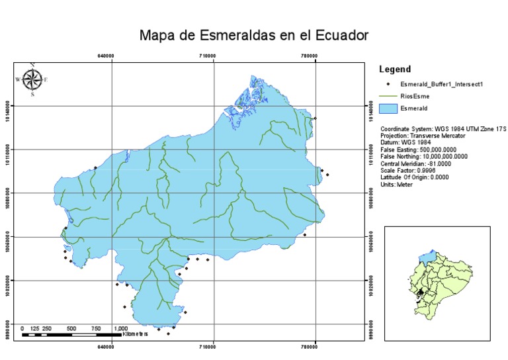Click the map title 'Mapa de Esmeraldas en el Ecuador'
[x=253, y=35]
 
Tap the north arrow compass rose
[x=32, y=79]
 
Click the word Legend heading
[x=396, y=69]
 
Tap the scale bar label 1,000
[x=120, y=329]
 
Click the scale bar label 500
[x=71, y=329]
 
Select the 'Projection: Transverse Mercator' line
[x=423, y=135]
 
